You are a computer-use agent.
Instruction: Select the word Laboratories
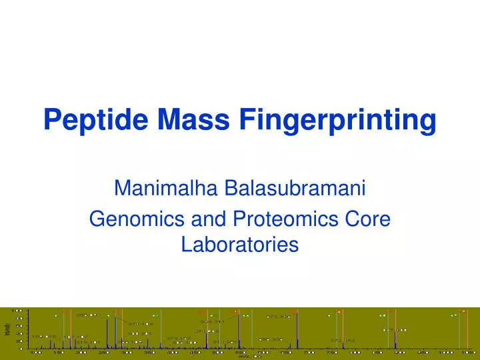pos(240,245)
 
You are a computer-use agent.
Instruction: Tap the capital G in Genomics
pos(97,219)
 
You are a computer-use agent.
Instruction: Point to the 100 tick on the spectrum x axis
pos(36,353)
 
